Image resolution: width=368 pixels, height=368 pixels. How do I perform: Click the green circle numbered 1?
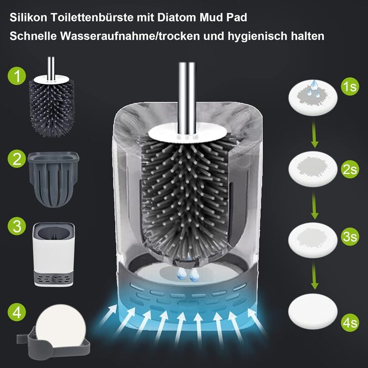pos(17,76)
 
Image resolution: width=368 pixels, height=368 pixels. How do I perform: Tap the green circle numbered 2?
pos(17,159)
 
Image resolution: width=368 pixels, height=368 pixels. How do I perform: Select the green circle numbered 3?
pos(17,226)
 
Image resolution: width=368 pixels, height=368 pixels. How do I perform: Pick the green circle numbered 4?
pos(17,312)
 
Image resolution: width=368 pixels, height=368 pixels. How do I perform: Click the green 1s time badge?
pos(350,87)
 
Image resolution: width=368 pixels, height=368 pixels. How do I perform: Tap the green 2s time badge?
pos(350,169)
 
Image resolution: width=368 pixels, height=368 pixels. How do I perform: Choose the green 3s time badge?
pos(350,237)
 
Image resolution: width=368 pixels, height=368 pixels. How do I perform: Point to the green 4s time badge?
pos(350,322)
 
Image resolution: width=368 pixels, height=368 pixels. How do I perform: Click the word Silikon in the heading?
pos(28,17)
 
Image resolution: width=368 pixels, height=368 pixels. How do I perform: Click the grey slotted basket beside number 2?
pos(54,179)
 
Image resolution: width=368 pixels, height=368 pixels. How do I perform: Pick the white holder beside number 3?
pos(54,254)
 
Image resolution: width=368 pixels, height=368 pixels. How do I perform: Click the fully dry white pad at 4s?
pos(313,311)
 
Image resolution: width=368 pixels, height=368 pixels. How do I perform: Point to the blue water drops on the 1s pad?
pos(313,89)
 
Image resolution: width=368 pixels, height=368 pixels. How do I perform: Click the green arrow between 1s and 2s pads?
pos(314,135)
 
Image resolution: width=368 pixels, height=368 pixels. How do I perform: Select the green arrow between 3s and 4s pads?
pos(314,277)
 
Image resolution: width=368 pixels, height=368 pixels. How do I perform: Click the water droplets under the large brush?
pos(188,274)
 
